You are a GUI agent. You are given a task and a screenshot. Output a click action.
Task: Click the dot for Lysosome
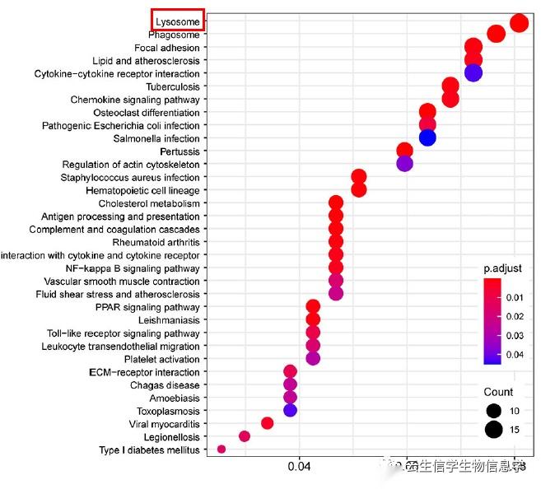(519, 22)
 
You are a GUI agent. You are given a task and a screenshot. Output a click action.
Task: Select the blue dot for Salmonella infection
(427, 137)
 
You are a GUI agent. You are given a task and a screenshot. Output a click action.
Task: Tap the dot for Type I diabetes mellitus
(222, 449)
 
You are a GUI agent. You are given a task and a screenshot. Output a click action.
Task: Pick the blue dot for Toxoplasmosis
(290, 409)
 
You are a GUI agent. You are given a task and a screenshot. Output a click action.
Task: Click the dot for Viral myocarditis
(267, 422)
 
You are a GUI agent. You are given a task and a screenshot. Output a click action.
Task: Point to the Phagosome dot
(496, 34)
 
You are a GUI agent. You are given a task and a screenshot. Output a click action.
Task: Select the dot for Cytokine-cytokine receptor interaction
(473, 72)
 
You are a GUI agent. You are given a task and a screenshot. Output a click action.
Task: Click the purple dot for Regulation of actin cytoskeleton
(404, 163)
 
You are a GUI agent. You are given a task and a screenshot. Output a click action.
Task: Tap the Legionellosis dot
(244, 435)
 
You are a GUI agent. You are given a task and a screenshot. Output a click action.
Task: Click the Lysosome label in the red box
(178, 21)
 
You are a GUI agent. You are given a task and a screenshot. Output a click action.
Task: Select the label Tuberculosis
(172, 86)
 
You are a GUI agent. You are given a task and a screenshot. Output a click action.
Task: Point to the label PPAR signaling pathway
(147, 307)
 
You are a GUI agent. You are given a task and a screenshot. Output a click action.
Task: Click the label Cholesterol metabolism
(149, 203)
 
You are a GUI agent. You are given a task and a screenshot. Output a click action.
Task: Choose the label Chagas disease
(165, 385)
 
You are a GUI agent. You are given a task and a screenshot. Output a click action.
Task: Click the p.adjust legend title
(502, 268)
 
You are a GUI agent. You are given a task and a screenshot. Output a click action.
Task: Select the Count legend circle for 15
(494, 428)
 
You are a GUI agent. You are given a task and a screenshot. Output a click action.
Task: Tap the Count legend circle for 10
(494, 410)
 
